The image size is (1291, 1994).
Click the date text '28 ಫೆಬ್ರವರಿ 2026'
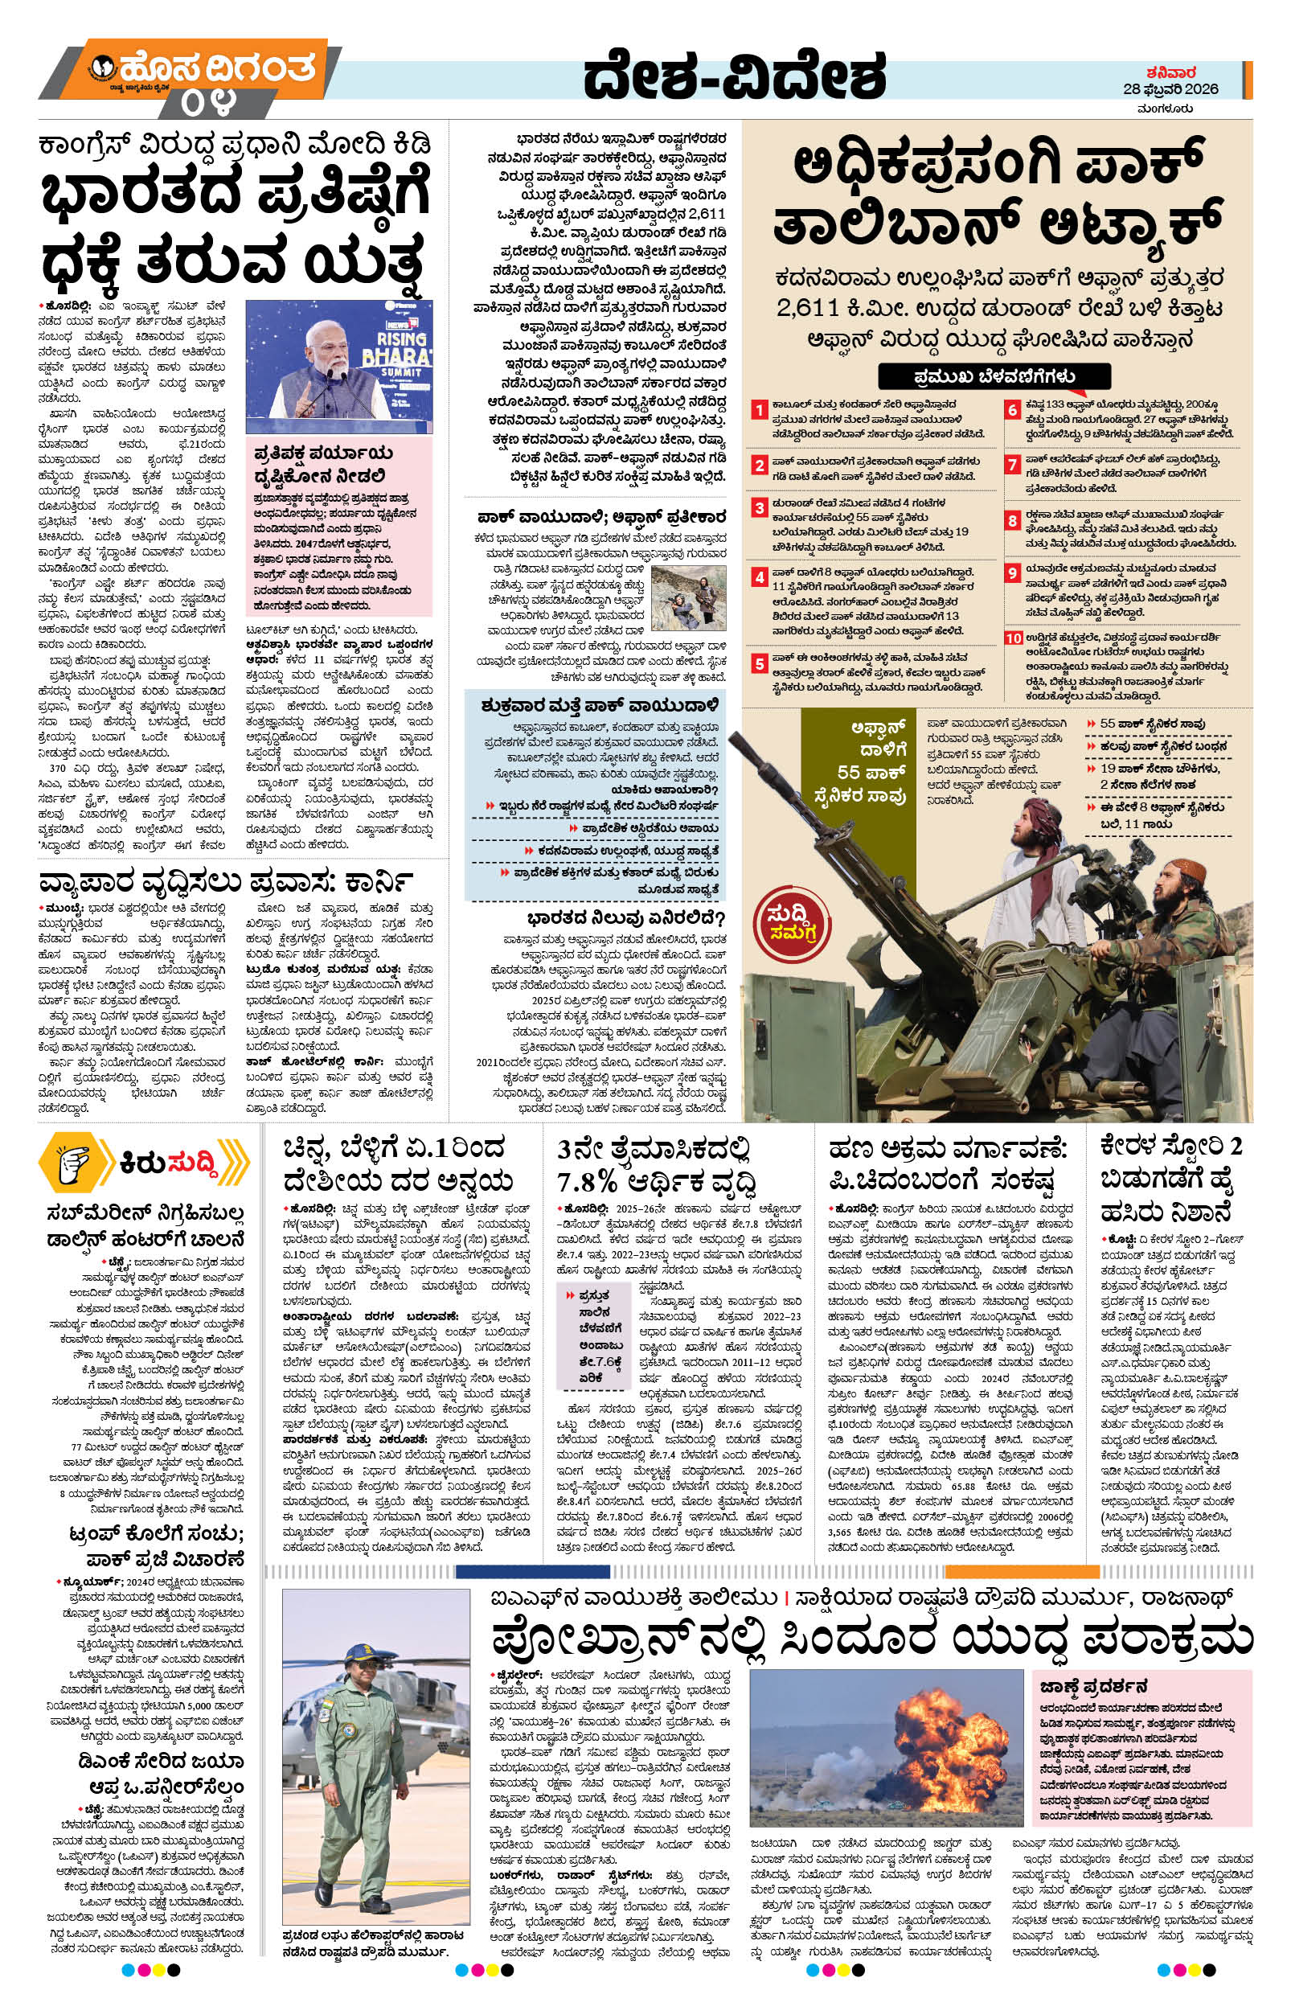[x=1170, y=88]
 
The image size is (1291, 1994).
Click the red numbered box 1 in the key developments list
[x=758, y=410]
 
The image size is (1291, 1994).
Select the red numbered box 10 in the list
[x=1013, y=638]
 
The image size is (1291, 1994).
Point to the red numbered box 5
[x=758, y=663]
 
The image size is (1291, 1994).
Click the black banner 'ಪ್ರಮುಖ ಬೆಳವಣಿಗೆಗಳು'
[x=994, y=376]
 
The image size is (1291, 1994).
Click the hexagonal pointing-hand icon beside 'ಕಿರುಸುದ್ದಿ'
[x=76, y=1162]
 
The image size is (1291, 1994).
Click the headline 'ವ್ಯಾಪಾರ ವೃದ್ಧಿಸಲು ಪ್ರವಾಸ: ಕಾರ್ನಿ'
[x=226, y=882]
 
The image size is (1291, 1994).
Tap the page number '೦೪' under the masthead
[x=207, y=103]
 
